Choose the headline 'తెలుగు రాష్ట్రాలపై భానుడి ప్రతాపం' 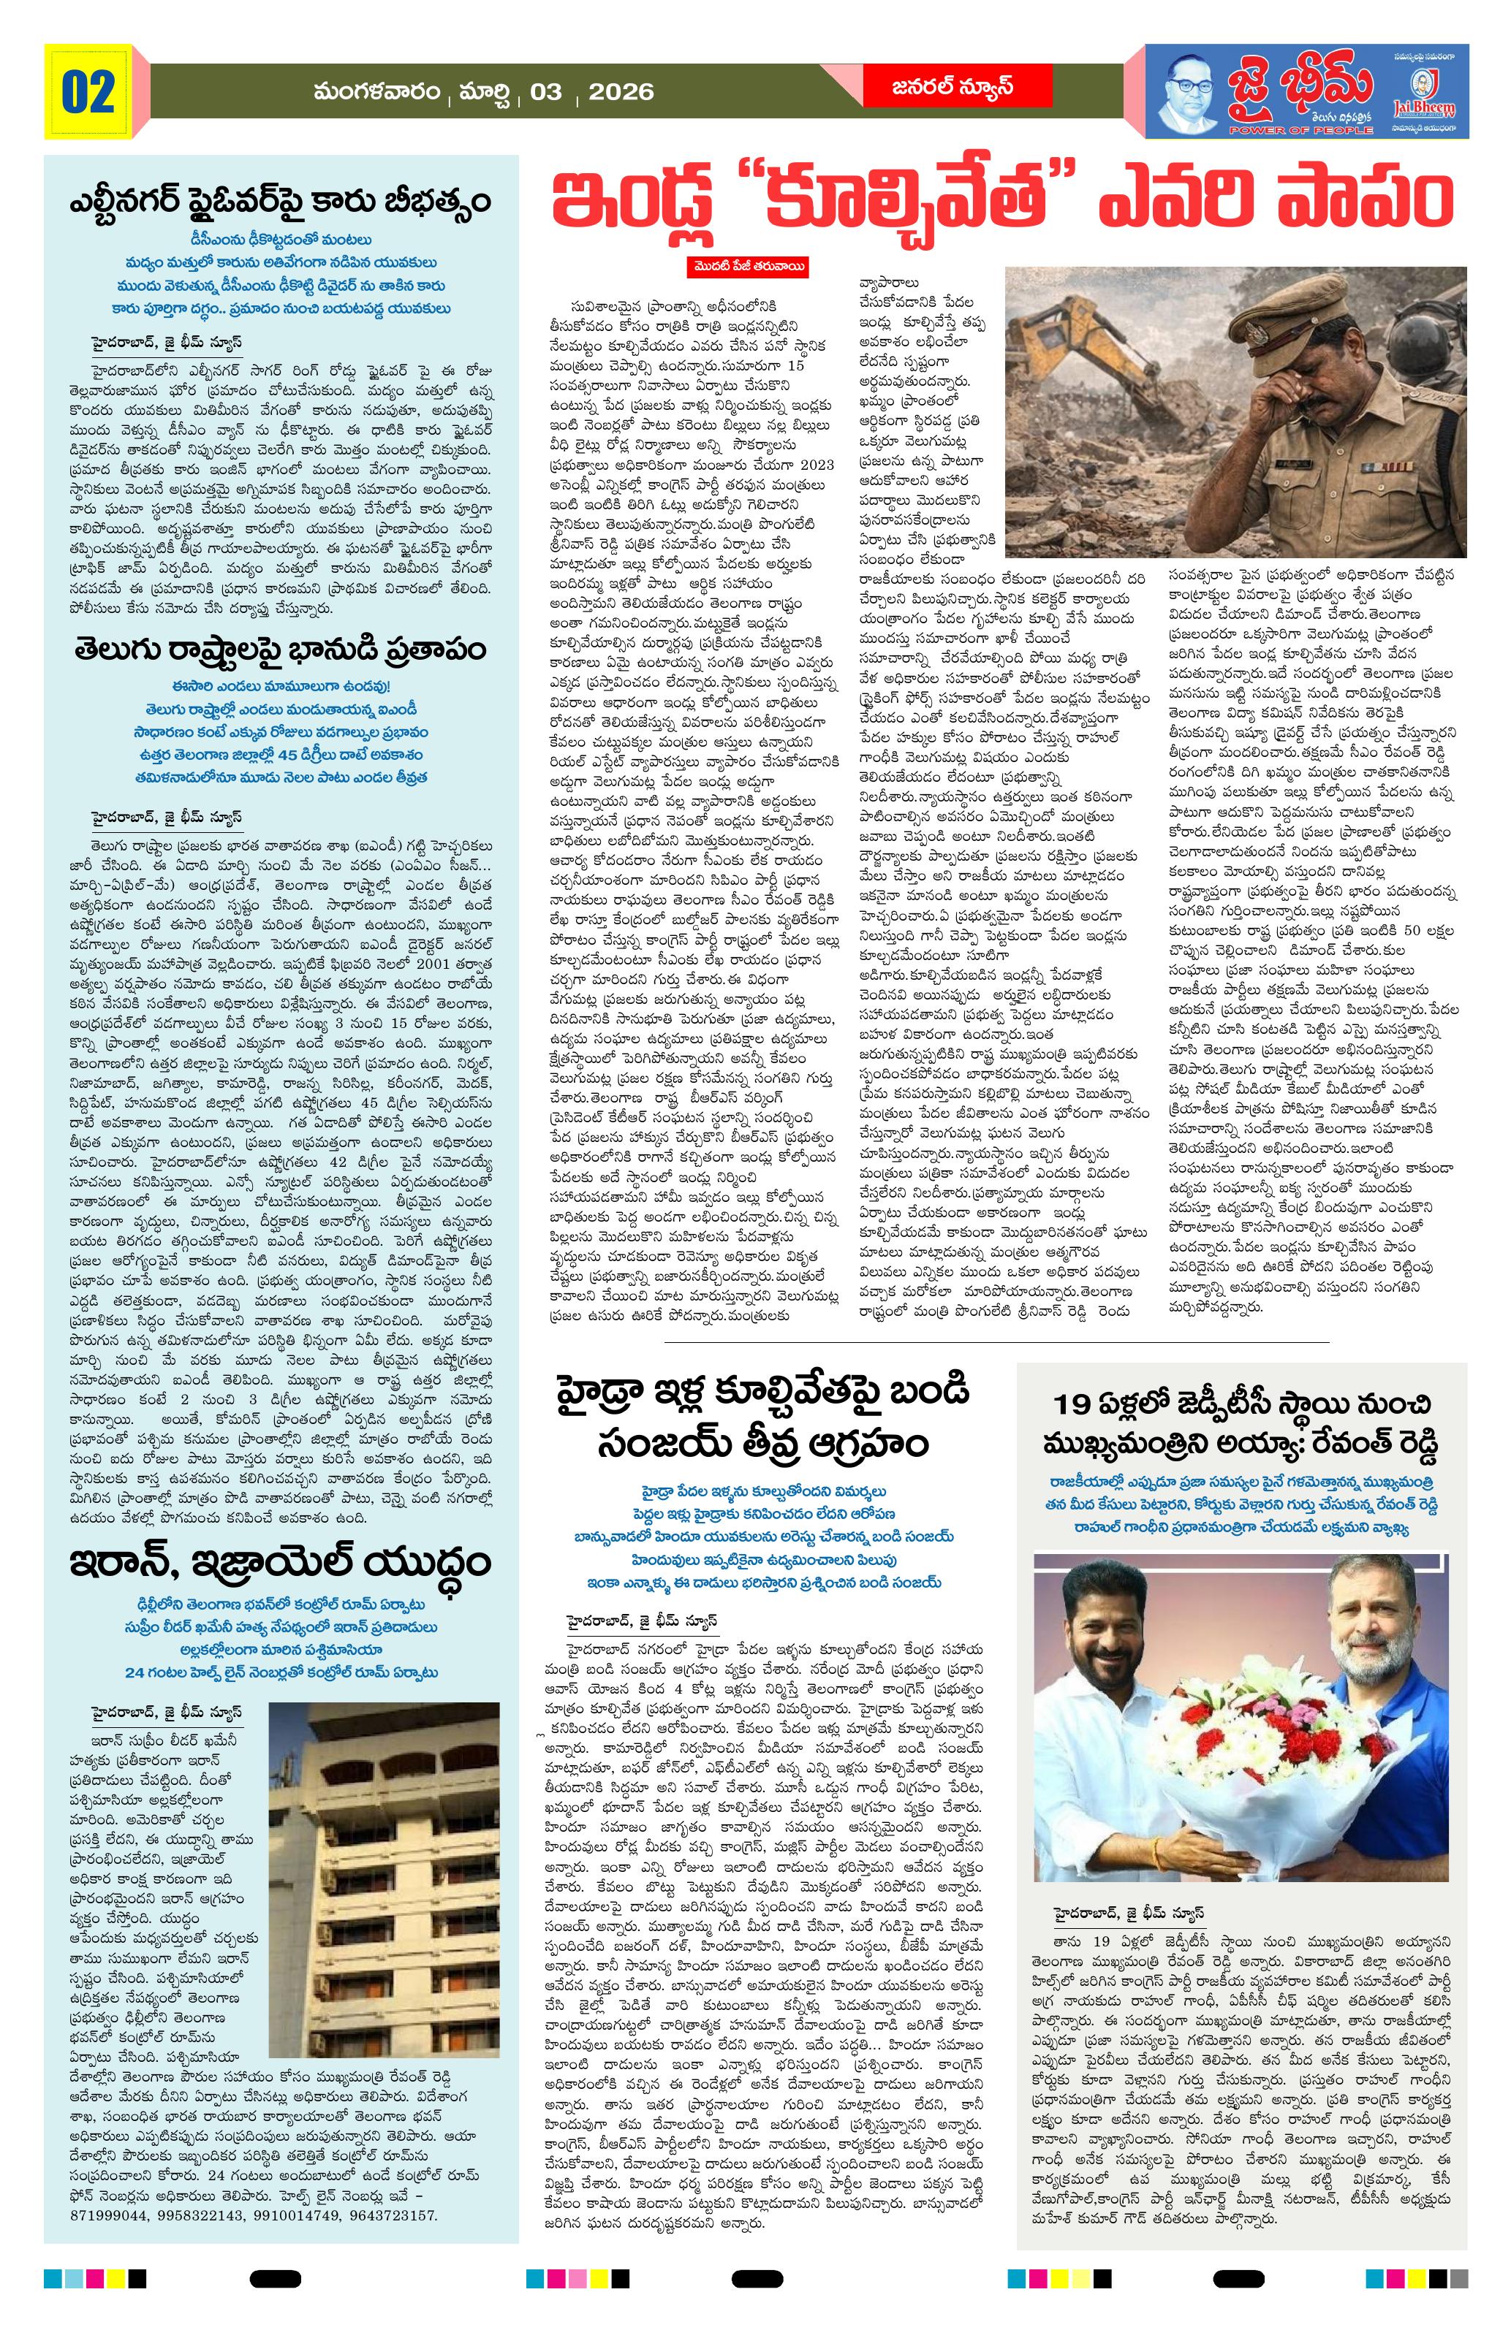[x=280, y=650]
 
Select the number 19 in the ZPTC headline [x=1075, y=1406]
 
